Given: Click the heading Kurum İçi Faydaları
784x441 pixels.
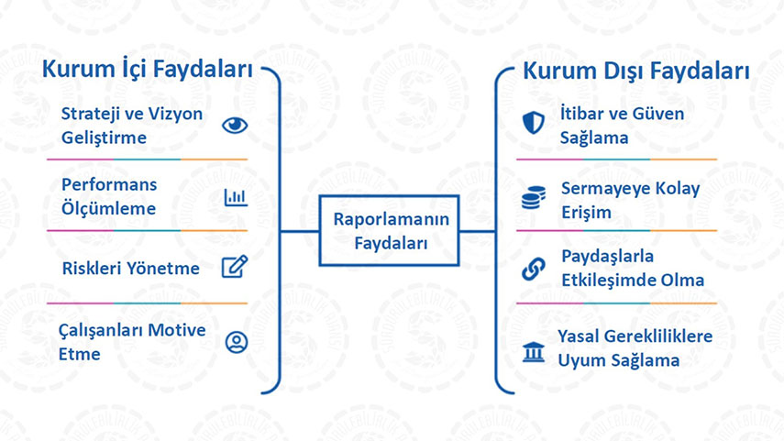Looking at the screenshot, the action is coord(147,70).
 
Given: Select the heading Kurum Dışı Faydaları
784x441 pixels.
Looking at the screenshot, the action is coord(636,71).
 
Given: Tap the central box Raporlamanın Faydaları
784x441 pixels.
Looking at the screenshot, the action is coord(390,230).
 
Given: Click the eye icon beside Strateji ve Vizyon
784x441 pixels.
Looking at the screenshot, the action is coord(235,125).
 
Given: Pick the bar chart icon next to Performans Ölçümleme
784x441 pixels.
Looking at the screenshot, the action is coord(236,197).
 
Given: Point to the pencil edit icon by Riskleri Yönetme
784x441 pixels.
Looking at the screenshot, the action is coord(235,267).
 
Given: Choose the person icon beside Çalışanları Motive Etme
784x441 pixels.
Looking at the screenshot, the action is coord(237,342).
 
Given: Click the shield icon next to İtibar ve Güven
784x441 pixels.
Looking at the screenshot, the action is coord(534,123).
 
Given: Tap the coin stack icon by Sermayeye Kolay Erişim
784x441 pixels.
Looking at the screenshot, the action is coord(534,197).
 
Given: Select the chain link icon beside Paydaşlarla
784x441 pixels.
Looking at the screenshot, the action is coord(534,269).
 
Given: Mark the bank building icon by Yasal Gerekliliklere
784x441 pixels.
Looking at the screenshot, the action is coord(534,351).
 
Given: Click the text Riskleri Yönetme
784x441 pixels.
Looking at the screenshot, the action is coord(130,269).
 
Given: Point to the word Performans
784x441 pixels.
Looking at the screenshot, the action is coord(109,184).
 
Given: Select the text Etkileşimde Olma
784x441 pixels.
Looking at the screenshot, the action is coord(633,280).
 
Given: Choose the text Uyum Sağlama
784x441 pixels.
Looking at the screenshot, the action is coord(619,360).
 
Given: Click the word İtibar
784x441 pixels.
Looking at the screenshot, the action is coord(581,113).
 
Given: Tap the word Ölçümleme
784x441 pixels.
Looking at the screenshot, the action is coord(108,208).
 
